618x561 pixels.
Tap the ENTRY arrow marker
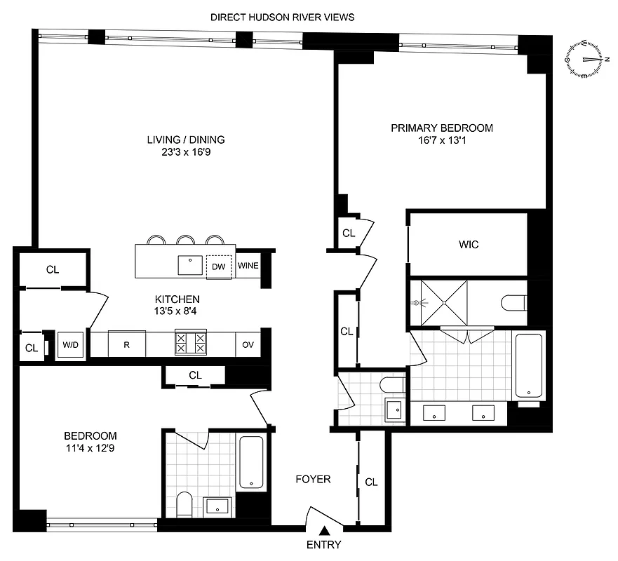coord(324,532)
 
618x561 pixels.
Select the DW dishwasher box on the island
coord(219,266)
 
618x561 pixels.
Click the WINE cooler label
coord(248,266)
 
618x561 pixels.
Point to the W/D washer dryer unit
coord(71,344)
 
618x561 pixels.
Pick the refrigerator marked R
coord(126,344)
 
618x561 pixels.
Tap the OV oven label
coord(248,344)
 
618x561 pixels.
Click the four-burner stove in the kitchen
coord(191,344)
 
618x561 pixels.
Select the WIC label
coord(469,245)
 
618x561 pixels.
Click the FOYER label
coord(312,480)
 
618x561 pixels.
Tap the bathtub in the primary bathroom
coord(527,366)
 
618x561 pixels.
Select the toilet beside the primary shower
coord(513,303)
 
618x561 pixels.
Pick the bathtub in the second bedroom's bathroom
coord(250,462)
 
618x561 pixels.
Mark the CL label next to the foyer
coord(371,482)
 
